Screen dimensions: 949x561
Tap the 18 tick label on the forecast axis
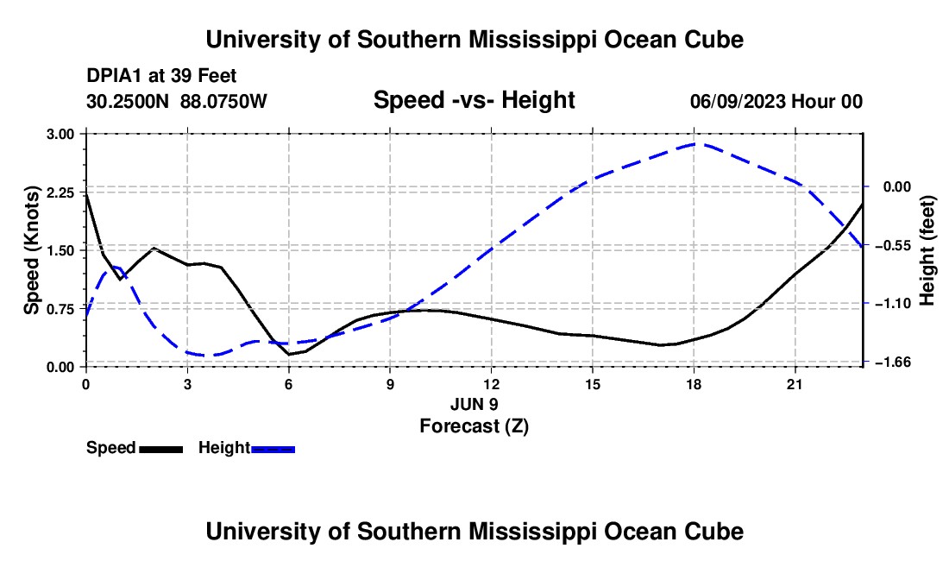(694, 384)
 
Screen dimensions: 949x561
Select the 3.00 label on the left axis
(60, 134)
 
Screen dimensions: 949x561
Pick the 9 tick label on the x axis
(390, 384)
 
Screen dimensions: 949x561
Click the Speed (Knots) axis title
(31, 250)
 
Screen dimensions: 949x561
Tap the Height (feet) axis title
(927, 250)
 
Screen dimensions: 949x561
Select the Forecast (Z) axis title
(474, 426)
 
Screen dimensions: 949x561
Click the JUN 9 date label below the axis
(474, 404)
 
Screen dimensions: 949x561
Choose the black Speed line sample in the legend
(161, 449)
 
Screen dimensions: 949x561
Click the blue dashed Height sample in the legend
(273, 449)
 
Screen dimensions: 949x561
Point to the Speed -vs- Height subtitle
(474, 100)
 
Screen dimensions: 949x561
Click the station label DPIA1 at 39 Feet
(161, 76)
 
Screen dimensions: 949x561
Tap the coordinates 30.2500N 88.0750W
(176, 101)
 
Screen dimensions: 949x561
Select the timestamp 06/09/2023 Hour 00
(776, 101)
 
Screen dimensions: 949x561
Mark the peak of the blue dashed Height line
(694, 144)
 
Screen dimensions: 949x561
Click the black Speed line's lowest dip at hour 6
(289, 354)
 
